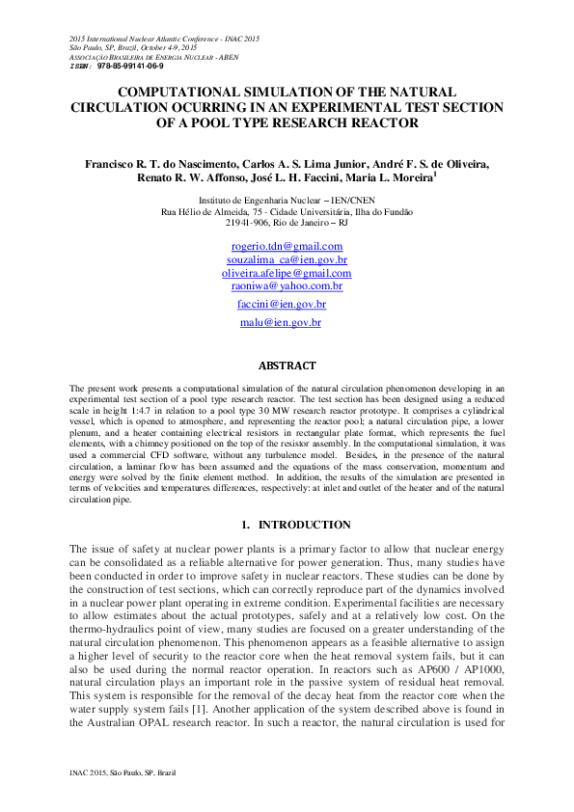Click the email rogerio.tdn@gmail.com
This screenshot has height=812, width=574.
click(287, 247)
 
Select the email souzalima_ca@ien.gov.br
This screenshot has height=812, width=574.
click(287, 260)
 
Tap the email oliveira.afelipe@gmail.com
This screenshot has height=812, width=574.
click(287, 274)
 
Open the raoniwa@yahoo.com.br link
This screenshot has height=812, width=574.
click(287, 286)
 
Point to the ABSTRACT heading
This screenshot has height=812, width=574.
click(287, 366)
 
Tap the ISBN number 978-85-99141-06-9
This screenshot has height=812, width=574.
click(130, 66)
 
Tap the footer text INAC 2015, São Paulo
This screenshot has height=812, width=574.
click(123, 773)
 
